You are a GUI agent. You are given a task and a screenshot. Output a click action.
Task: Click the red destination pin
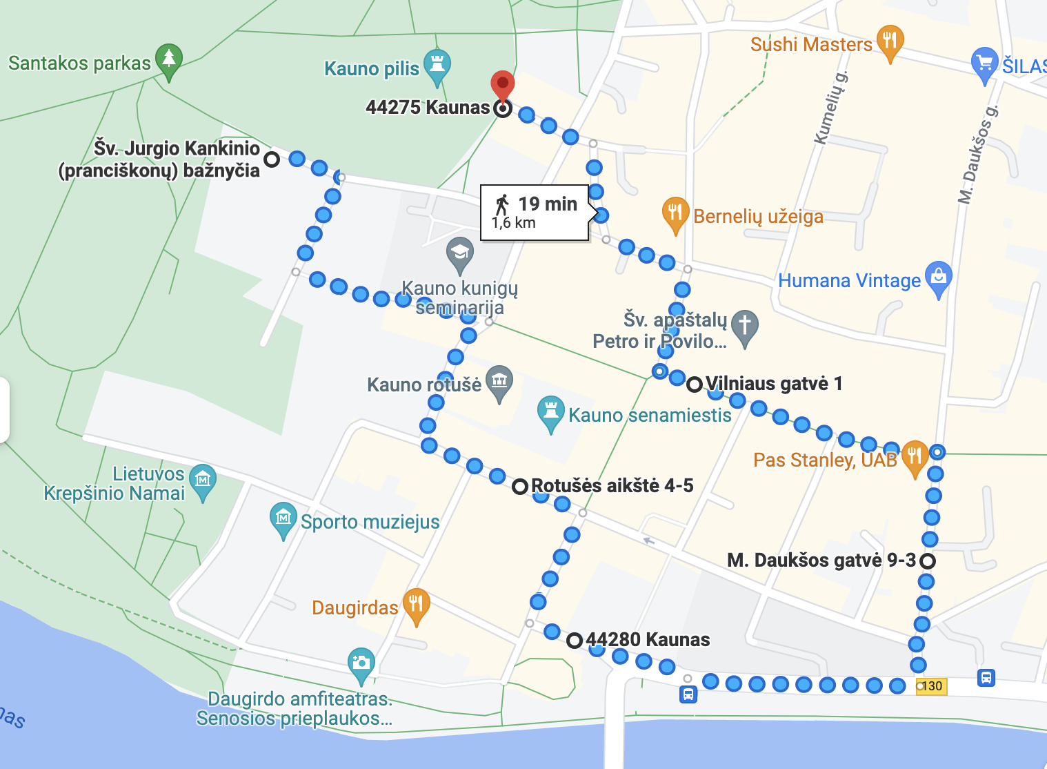(x=503, y=85)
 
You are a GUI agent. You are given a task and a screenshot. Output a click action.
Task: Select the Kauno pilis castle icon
(x=437, y=64)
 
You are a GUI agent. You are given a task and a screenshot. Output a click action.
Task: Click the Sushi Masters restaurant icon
(x=890, y=40)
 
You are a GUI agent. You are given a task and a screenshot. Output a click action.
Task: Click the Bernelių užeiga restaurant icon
(x=675, y=213)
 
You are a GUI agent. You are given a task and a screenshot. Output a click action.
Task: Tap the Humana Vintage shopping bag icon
(x=938, y=277)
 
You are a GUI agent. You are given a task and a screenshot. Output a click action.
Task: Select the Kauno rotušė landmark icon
(x=499, y=380)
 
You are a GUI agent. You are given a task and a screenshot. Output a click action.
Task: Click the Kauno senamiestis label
(x=650, y=415)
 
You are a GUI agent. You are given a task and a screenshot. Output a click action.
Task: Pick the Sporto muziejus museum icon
(x=283, y=518)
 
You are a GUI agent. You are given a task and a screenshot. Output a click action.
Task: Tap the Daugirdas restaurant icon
(x=416, y=604)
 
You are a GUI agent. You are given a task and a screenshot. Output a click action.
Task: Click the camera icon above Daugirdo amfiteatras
(x=361, y=663)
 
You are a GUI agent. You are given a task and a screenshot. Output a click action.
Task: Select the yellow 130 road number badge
(x=931, y=686)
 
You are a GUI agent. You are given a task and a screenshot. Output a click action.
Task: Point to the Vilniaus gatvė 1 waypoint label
(x=774, y=384)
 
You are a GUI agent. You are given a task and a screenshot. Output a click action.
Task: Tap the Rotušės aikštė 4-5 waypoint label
(x=612, y=485)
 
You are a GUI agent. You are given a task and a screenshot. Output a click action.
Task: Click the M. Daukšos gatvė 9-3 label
(x=821, y=560)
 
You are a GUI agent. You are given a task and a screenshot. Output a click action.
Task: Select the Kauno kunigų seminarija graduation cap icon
(x=459, y=253)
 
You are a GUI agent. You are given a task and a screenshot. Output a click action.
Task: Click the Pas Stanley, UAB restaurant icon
(x=915, y=456)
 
